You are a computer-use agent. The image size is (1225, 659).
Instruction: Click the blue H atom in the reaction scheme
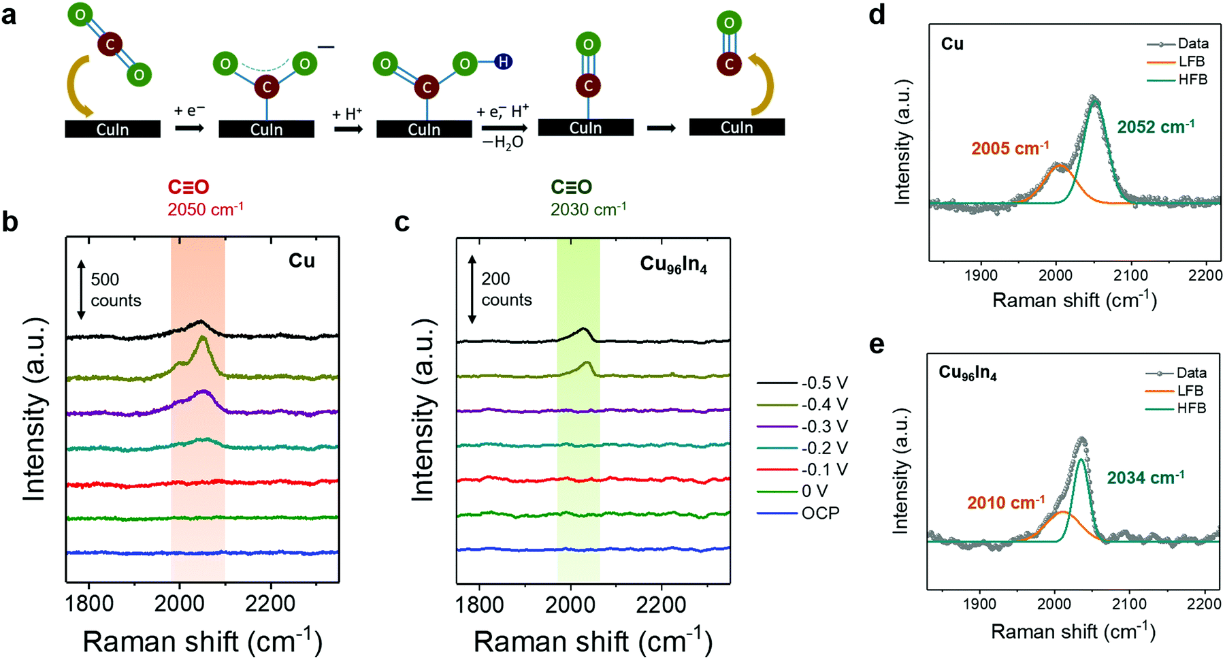[x=503, y=62]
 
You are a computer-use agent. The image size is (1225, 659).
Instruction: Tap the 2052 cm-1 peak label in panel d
[x=1156, y=127]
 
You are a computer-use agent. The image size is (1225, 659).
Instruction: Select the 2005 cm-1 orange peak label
[x=1010, y=148]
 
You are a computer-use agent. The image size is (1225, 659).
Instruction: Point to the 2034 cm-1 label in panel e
[x=1145, y=478]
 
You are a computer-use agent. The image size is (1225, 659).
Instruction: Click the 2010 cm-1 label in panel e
[x=1006, y=503]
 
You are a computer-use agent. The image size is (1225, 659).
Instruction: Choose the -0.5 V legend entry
[x=824, y=383]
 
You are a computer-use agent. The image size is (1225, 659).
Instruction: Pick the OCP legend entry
[x=820, y=513]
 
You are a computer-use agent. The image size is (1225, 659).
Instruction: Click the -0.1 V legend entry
[x=824, y=470]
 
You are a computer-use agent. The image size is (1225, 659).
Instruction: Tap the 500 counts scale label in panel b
[x=115, y=290]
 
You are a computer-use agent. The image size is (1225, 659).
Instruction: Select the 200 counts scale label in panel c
[x=506, y=289]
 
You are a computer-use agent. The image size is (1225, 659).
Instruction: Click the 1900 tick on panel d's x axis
[x=981, y=275]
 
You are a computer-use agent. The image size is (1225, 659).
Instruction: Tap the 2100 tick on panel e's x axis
[x=1129, y=604]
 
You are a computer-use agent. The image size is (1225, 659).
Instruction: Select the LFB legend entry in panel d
[x=1192, y=62]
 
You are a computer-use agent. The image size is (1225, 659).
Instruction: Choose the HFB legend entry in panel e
[x=1191, y=408]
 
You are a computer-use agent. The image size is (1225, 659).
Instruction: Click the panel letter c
[x=402, y=222]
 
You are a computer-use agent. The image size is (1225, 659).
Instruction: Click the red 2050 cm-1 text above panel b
[x=206, y=209]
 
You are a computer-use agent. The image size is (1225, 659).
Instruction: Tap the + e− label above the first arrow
[x=189, y=110]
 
